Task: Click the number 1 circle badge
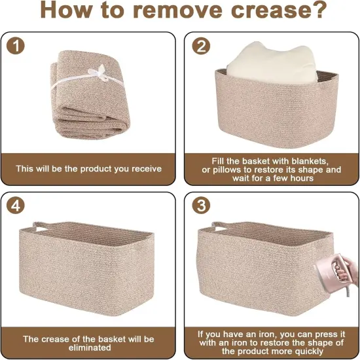(x=16, y=46)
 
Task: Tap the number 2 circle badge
(x=201, y=46)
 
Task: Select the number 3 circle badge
(x=201, y=206)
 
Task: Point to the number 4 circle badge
(x=16, y=206)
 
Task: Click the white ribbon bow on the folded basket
(x=99, y=72)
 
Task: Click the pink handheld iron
(x=331, y=276)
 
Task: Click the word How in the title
(x=65, y=10)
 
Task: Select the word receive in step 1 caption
(x=147, y=169)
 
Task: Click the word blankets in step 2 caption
(x=310, y=161)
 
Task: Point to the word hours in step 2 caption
(x=301, y=178)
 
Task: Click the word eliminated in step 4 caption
(x=90, y=348)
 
